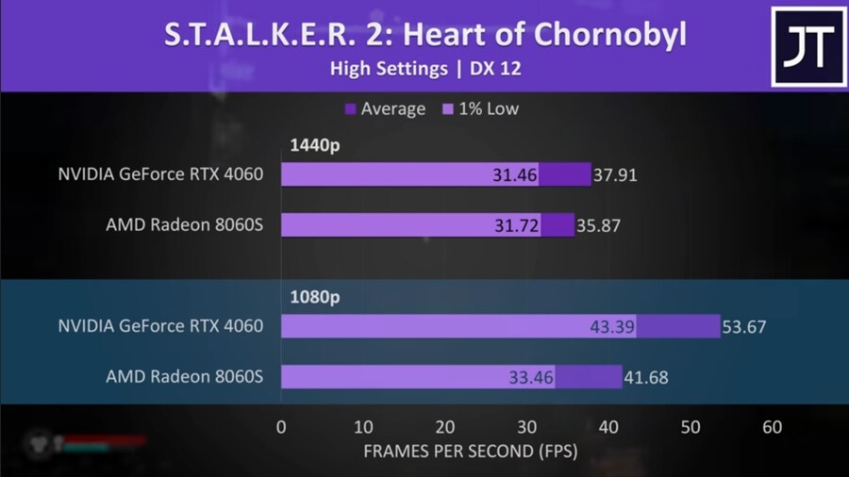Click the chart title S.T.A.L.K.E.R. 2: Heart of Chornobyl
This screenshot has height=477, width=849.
click(x=424, y=35)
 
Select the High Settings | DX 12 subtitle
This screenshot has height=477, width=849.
click(x=424, y=69)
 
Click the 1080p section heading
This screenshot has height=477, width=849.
click(x=313, y=297)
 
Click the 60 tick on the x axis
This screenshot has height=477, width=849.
click(x=773, y=427)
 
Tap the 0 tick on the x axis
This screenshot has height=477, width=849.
click(x=281, y=427)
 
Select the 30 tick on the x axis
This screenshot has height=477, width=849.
click(x=526, y=427)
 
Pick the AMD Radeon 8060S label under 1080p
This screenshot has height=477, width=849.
click(x=184, y=377)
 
